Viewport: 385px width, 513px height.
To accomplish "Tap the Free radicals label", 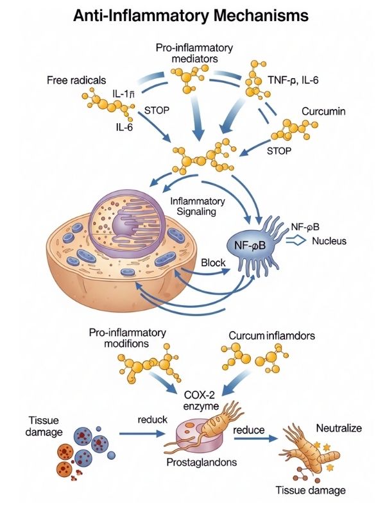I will [75, 81].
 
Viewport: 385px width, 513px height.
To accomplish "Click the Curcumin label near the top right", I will [323, 112].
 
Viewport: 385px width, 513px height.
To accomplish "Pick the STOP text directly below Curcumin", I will [279, 151].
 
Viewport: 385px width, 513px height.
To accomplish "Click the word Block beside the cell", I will [214, 263].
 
